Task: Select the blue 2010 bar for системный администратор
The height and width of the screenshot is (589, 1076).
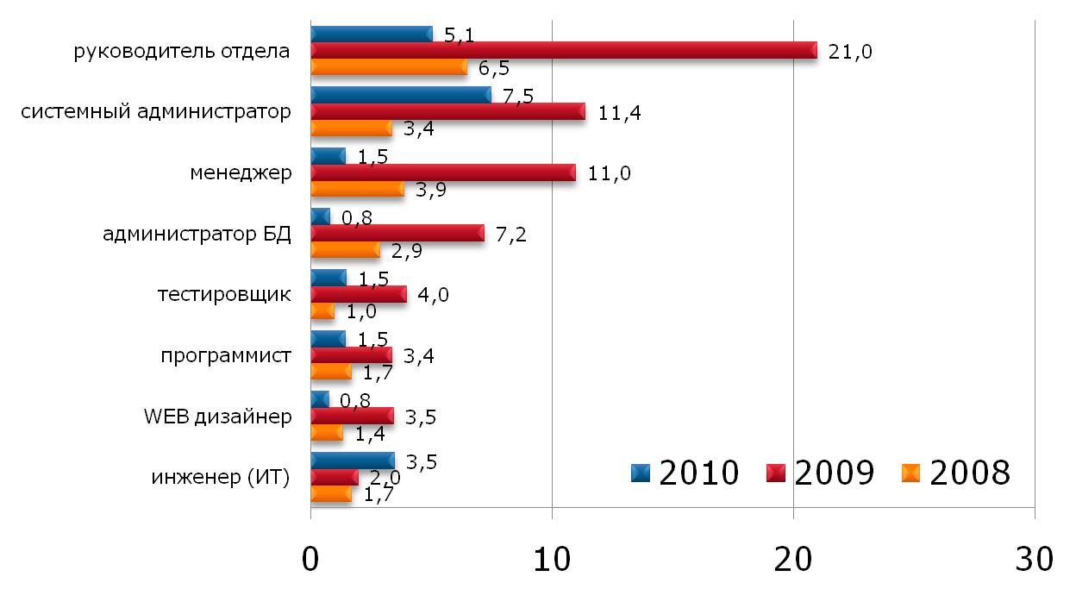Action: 400,95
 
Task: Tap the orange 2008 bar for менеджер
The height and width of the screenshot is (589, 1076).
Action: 357,190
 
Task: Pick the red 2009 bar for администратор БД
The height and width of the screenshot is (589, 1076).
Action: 397,234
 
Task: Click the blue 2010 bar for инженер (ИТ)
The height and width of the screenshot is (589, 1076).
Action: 352,461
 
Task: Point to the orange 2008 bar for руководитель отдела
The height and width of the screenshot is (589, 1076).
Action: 388,68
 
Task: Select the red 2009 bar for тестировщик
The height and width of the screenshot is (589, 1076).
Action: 358,295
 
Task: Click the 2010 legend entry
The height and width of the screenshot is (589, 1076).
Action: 685,473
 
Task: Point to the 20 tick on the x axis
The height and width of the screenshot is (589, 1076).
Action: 793,560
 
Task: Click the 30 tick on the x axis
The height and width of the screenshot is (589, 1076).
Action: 1034,560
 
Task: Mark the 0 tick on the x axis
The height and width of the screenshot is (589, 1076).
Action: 310,560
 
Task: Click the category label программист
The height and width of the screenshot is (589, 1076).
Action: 226,355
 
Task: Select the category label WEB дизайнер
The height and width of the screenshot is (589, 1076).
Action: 218,417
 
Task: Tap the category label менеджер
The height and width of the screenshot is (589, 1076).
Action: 241,172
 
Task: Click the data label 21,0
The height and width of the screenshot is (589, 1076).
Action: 850,52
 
